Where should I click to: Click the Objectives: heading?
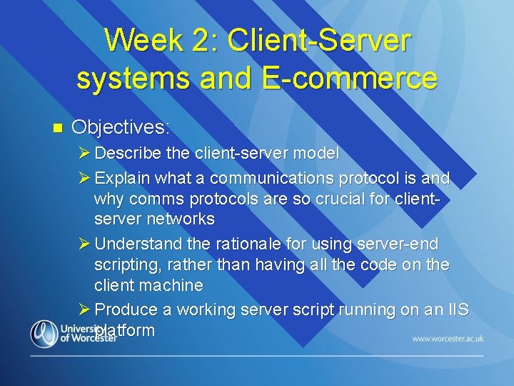coord(121,128)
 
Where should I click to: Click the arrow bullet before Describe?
coord(84,153)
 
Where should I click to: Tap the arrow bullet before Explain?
coord(84,177)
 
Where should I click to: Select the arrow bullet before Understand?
coord(84,244)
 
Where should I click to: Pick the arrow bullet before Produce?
coord(84,310)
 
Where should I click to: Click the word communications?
coord(262,177)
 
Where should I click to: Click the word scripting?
coord(127,264)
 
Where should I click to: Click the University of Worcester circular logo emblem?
coord(44,333)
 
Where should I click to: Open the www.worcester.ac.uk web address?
coord(448,337)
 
